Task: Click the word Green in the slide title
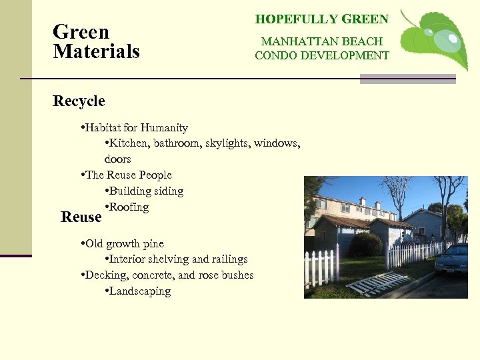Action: tap(81, 32)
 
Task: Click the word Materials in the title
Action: tap(96, 51)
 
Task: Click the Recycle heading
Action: tap(79, 101)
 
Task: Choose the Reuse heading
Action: tap(81, 217)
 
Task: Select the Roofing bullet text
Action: tap(129, 207)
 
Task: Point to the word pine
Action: tap(153, 243)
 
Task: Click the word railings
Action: tap(227, 259)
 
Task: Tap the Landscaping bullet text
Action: tap(139, 291)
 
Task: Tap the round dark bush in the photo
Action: tap(366, 245)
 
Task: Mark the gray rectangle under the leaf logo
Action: tap(407, 79)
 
